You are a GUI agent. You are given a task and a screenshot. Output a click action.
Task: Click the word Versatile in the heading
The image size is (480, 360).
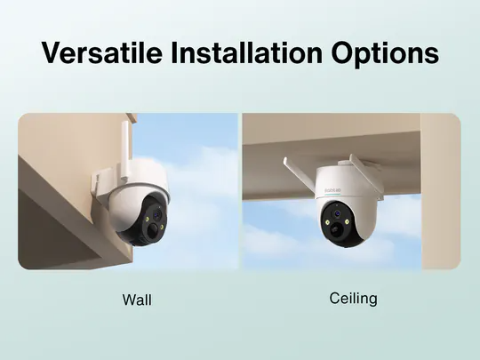click(x=101, y=52)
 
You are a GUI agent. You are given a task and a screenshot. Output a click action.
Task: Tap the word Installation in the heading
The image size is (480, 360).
click(x=246, y=52)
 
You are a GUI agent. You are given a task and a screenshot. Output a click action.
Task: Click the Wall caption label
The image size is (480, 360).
click(x=137, y=300)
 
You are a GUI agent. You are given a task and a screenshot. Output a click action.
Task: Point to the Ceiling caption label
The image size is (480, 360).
click(x=353, y=299)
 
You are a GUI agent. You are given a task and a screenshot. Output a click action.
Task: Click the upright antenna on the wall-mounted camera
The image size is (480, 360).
click(x=125, y=151)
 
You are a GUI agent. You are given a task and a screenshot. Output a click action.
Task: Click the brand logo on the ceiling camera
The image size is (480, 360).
click(x=332, y=190)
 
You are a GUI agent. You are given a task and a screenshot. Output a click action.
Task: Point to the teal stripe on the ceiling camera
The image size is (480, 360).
click(x=332, y=195)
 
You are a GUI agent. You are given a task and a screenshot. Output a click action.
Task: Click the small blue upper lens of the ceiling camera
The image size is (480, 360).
click(x=338, y=213)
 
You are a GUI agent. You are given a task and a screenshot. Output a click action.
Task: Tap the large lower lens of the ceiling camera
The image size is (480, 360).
click(x=335, y=228)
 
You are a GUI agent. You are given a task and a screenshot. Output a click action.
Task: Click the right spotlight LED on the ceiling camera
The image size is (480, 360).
click(x=348, y=221)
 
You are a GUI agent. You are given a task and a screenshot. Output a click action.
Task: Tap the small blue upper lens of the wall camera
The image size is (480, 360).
click(x=157, y=215)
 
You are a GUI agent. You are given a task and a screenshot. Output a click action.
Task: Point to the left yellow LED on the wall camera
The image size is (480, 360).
click(x=148, y=220)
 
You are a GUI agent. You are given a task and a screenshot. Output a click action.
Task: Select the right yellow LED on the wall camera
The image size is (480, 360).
click(x=161, y=227)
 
